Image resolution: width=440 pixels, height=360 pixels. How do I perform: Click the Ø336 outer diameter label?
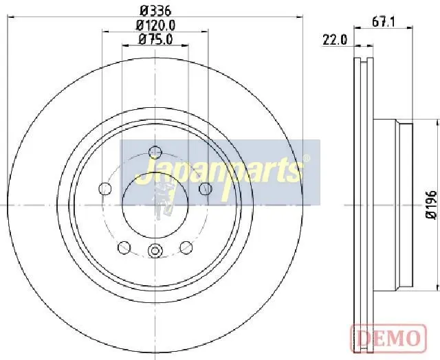155,11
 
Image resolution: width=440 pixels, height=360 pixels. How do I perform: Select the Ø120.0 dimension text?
156,25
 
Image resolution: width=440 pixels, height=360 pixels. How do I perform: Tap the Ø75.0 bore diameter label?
156,40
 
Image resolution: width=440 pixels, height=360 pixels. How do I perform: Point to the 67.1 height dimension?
384,22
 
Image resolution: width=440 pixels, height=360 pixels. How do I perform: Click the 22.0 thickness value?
335,40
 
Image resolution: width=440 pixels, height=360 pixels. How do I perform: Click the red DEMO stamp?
388,339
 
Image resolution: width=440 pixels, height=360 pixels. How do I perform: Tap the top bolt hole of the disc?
155,153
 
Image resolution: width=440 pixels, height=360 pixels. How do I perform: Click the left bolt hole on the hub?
105,188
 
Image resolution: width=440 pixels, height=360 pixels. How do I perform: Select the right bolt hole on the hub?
205,188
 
